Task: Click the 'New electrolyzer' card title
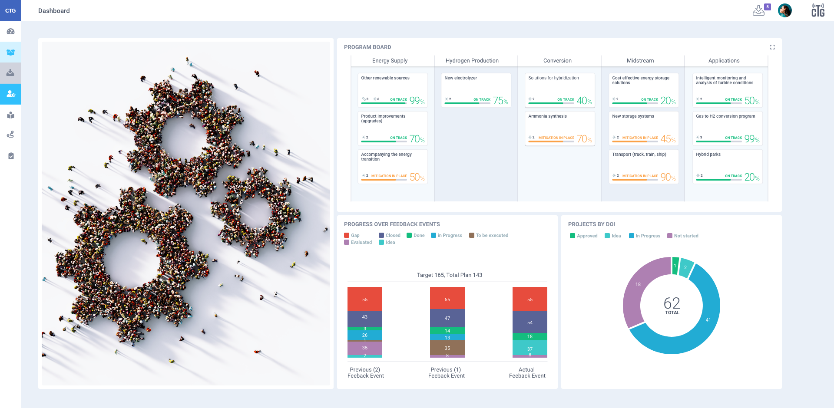click(x=460, y=78)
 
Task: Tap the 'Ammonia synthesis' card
click(x=559, y=128)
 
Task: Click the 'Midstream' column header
click(x=640, y=61)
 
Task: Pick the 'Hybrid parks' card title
click(x=708, y=155)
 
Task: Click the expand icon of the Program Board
click(x=772, y=47)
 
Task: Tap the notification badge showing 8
click(x=768, y=7)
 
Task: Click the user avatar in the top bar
click(x=784, y=10)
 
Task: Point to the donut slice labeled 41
click(x=708, y=320)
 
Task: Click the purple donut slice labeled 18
click(x=638, y=285)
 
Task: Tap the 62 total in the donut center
click(x=672, y=303)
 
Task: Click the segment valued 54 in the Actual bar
click(x=530, y=322)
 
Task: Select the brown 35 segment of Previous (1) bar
click(x=447, y=348)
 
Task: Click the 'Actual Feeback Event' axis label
click(x=527, y=373)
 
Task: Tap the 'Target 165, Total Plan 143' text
click(x=449, y=275)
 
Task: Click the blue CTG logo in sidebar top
click(x=10, y=10)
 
